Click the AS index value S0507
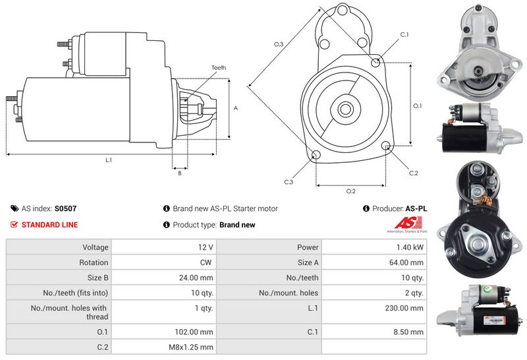coord(65,208)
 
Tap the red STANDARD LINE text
coord(49,225)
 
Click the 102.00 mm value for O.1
coord(196,332)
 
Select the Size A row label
coord(304,262)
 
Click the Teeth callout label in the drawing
coord(219,68)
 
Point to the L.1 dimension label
coord(108,160)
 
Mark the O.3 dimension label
coord(279,44)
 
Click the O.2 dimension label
coord(351,191)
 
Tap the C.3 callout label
coord(289,182)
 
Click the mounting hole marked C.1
coord(375,63)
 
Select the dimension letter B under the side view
coord(179,173)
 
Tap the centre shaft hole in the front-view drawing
coord(345,108)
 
